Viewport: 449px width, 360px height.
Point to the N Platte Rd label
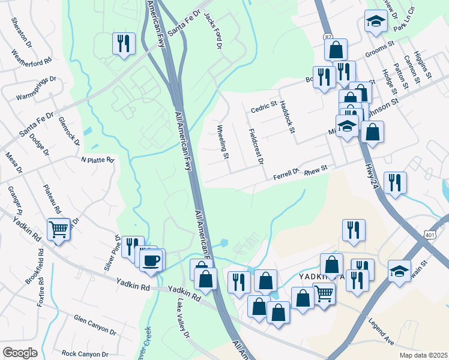tap(97, 160)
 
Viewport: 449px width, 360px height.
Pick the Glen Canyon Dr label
tap(94, 325)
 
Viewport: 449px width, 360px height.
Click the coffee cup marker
tap(151, 260)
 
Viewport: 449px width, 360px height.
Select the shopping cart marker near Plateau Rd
tap(58, 228)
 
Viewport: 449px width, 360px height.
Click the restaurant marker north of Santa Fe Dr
tap(123, 43)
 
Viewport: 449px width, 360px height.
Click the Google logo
tap(20, 353)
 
